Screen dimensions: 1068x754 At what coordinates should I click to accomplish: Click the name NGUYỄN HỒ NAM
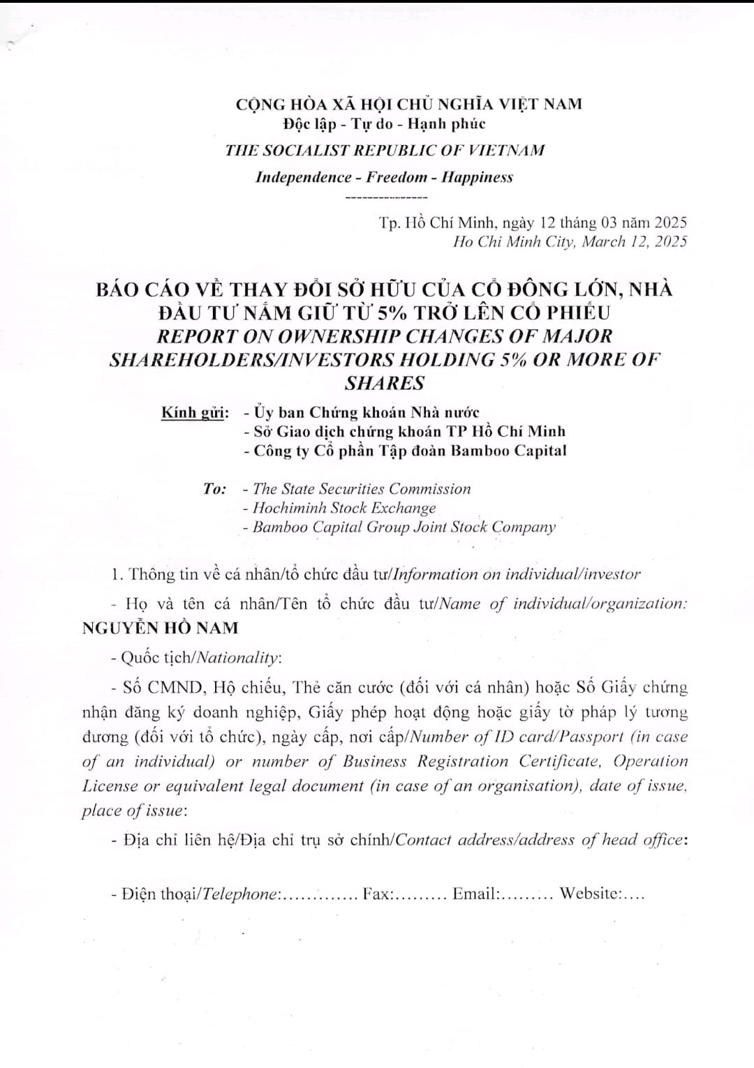160,628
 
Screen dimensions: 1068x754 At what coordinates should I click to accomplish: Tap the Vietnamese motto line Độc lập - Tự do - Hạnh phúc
384,124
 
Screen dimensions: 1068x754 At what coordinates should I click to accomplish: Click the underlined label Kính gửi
195,412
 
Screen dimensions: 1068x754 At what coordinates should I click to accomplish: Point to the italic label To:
215,489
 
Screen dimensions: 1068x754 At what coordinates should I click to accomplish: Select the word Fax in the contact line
377,894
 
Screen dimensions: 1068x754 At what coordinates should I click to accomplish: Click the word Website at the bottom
589,894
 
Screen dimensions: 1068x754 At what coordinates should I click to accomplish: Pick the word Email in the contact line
474,894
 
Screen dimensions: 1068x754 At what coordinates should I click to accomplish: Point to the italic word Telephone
239,894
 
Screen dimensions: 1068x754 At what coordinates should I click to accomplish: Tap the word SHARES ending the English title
385,383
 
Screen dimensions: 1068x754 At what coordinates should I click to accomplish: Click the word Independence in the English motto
304,177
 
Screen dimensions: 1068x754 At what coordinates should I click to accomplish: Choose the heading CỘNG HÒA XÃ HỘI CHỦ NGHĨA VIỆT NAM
408,105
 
